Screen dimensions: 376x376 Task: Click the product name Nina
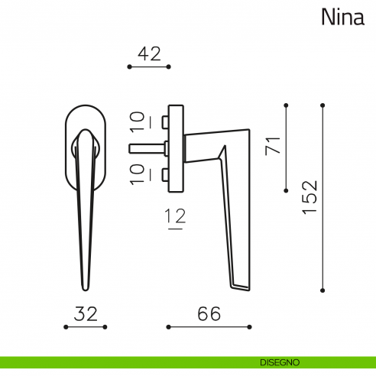point(342,17)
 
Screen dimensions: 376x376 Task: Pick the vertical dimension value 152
point(309,197)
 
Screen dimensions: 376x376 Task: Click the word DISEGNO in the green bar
point(279,361)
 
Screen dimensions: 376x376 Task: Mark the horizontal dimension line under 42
point(147,67)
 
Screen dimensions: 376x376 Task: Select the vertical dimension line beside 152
point(323,197)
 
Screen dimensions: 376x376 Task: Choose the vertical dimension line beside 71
point(286,147)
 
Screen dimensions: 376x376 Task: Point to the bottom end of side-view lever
point(241,287)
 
